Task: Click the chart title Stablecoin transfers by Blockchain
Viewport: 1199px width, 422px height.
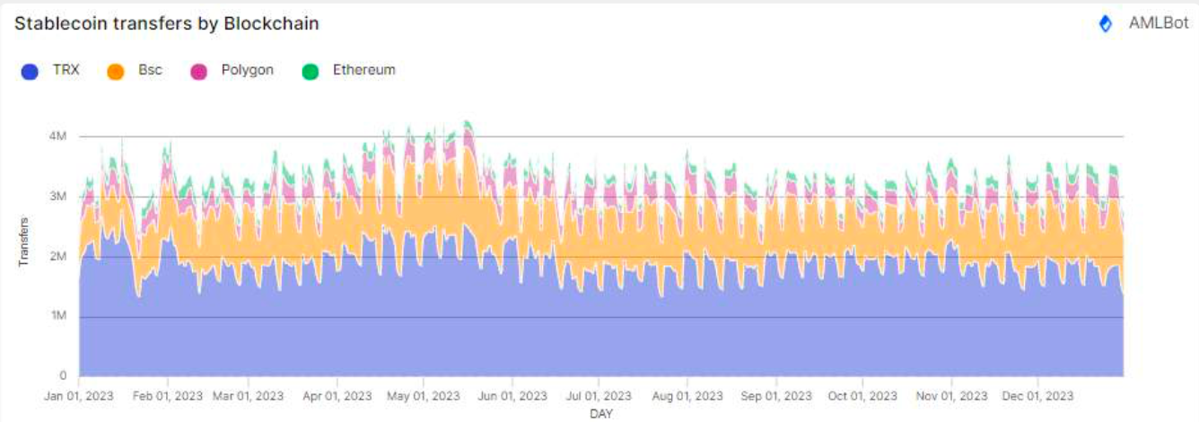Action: pos(167,24)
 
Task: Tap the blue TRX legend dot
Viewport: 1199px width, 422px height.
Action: pos(30,71)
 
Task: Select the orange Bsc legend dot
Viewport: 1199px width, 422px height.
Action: pos(115,71)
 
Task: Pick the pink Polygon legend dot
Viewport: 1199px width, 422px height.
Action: pos(198,71)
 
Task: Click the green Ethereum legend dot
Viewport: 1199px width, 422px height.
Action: pos(311,71)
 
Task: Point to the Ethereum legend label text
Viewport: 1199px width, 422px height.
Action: pos(363,70)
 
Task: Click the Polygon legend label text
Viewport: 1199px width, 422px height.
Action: pos(247,70)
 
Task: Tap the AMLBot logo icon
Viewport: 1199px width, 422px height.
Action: pos(1106,24)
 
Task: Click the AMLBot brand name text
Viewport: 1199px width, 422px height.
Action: pos(1159,24)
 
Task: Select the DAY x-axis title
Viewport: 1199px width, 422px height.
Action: pos(600,414)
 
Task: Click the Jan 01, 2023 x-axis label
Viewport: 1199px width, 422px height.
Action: pos(79,395)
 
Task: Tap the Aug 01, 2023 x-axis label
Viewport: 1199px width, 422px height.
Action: pos(687,395)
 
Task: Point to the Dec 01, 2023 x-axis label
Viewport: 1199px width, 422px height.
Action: pos(1038,395)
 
